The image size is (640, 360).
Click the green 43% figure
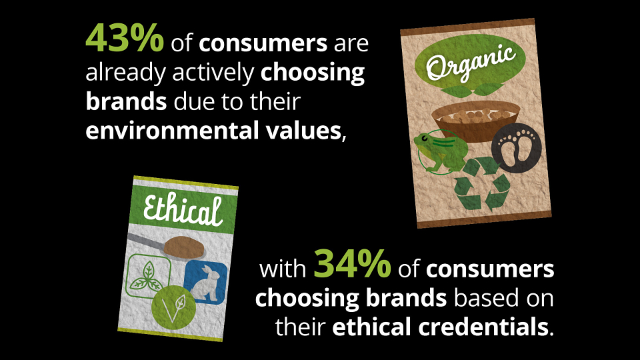click(125, 38)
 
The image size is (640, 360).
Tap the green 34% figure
click(352, 264)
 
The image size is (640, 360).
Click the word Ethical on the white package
click(183, 209)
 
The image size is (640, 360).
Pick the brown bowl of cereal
click(476, 121)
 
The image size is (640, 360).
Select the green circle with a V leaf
click(173, 307)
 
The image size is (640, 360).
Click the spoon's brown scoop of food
click(184, 247)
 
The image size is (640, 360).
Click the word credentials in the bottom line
click(483, 327)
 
